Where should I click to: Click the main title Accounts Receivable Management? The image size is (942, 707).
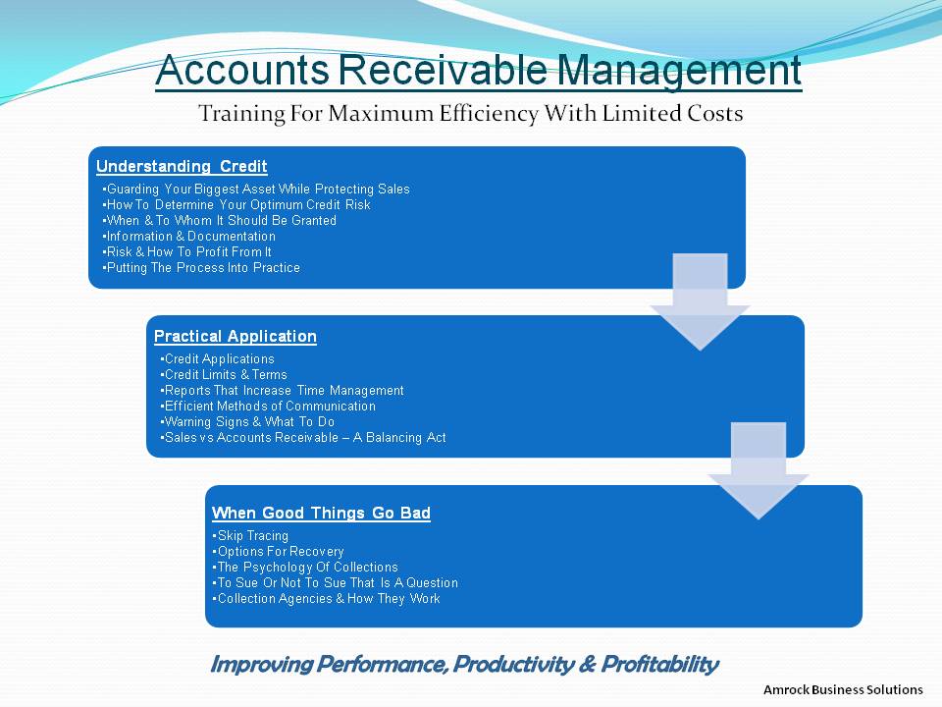[x=478, y=71]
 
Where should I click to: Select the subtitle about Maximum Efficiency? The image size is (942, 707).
[x=470, y=114]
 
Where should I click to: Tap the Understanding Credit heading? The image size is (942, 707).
[x=182, y=167]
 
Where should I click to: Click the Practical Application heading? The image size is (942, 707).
[x=235, y=337]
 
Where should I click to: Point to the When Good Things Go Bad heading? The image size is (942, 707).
[x=321, y=513]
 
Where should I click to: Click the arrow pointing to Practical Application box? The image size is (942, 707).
[x=700, y=301]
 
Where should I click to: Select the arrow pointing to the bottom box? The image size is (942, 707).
[x=759, y=470]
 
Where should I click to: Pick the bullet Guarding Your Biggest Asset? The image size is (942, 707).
[x=256, y=190]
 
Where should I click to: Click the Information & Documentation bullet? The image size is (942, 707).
[x=189, y=237]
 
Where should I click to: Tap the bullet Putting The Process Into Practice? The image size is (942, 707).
[x=201, y=267]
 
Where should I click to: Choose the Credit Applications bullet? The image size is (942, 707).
[x=218, y=359]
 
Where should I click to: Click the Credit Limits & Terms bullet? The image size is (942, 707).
[x=224, y=374]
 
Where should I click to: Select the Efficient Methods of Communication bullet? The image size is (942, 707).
[x=268, y=406]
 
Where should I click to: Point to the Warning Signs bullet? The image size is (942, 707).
[x=247, y=422]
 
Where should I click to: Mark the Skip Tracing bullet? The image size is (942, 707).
[x=250, y=536]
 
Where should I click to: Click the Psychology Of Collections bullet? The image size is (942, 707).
[x=305, y=567]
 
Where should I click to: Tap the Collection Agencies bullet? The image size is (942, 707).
[x=326, y=598]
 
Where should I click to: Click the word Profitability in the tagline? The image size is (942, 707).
[x=659, y=665]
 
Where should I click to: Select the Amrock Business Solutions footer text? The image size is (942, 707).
[x=843, y=689]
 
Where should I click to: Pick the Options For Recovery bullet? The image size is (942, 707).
[x=278, y=551]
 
